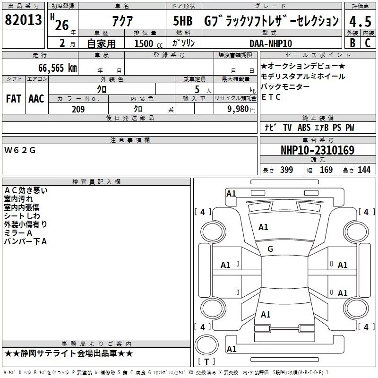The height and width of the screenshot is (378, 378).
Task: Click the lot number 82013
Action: [x=23, y=20]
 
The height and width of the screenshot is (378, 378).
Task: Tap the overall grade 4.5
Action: [x=360, y=21]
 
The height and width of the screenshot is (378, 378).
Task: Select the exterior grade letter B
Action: [x=352, y=43]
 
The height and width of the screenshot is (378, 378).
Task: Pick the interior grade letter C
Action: [x=368, y=43]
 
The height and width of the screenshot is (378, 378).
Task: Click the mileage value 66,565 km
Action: [x=58, y=68]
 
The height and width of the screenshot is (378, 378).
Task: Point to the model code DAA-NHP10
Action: [x=271, y=43]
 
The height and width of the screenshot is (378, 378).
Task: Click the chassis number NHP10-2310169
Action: [x=318, y=150]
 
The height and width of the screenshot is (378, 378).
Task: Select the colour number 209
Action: [x=78, y=109]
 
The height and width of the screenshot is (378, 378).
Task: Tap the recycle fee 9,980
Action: [x=238, y=109]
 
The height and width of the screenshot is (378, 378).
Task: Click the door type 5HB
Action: [x=183, y=21]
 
